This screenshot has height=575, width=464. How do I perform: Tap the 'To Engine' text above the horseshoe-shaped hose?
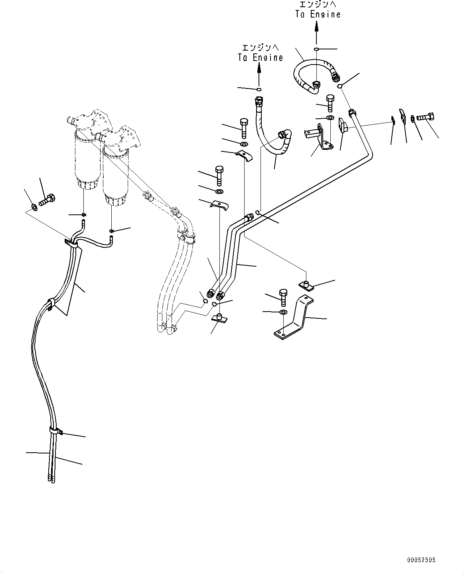pyautogui.click(x=318, y=10)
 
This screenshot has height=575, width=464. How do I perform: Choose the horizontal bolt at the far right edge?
pyautogui.click(x=426, y=118)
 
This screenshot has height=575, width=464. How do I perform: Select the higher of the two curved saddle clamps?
pyautogui.click(x=244, y=156)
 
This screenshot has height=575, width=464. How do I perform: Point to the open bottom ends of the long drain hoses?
pyautogui.click(x=51, y=478)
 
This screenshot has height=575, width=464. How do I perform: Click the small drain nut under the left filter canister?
pyautogui.click(x=84, y=215)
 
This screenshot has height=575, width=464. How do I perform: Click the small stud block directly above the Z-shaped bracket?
pyautogui.click(x=306, y=285)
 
